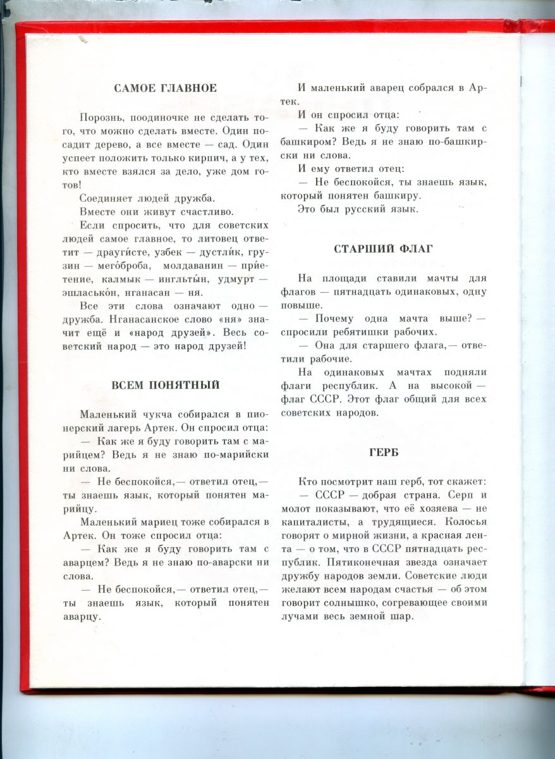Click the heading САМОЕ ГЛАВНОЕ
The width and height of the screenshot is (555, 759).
tap(165, 89)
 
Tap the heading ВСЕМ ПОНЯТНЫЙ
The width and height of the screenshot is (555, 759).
tap(165, 385)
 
